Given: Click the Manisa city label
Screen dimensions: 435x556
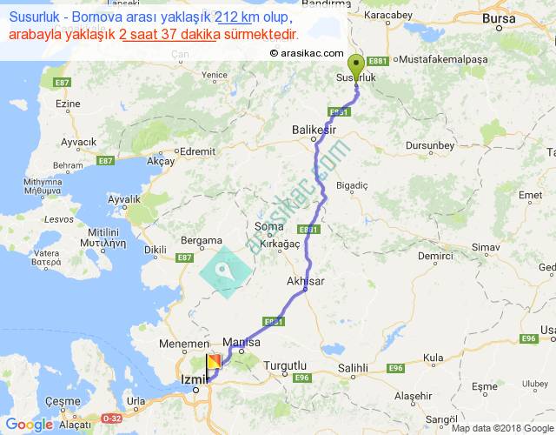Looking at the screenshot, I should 242,342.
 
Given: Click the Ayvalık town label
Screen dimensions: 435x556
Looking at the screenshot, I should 123,199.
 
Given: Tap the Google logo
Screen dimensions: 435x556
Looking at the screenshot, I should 28,425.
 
